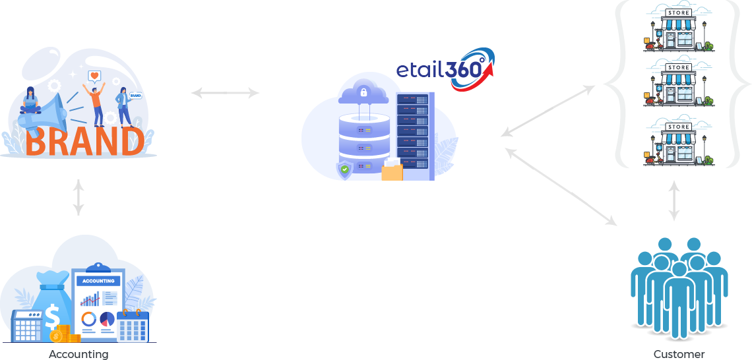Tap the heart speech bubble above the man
point(94,76)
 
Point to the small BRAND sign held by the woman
point(136,95)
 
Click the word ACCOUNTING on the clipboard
point(98,281)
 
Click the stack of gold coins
point(65,334)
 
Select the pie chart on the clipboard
point(107,319)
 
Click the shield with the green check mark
point(344,170)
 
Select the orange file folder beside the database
point(392,171)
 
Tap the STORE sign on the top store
point(679,13)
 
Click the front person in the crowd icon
point(679,300)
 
